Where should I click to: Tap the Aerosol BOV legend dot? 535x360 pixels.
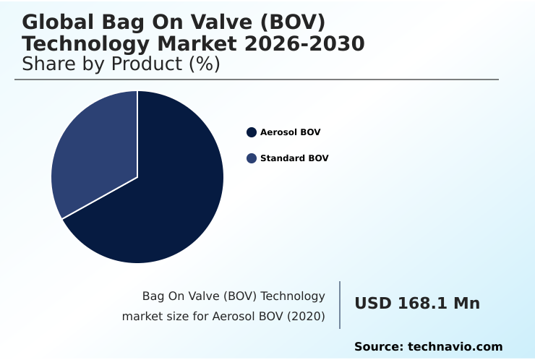pyautogui.click(x=252, y=132)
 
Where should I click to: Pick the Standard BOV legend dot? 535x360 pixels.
pyautogui.click(x=252, y=158)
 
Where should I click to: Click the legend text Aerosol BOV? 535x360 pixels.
pyautogui.click(x=290, y=132)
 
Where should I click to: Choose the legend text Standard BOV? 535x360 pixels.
pyautogui.click(x=294, y=158)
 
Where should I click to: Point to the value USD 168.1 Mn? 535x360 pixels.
pyautogui.click(x=416, y=304)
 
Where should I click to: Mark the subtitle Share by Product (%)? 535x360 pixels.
pyautogui.click(x=121, y=64)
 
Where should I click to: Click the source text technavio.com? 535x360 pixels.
pyautogui.click(x=455, y=347)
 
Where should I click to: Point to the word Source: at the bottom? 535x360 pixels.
pyautogui.click(x=378, y=347)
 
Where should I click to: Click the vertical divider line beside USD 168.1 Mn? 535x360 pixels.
pyautogui.click(x=340, y=304)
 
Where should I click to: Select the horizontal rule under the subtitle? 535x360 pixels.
pyautogui.click(x=257, y=80)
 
